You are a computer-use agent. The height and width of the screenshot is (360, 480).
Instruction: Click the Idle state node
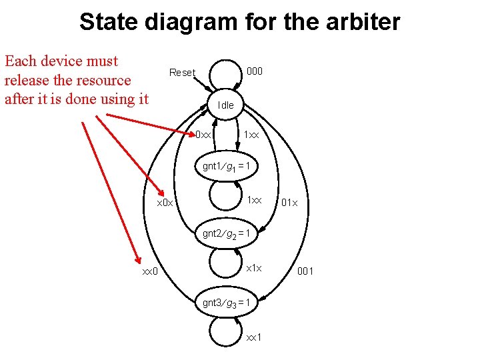[x=226, y=105]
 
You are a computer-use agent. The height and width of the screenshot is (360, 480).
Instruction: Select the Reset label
[x=182, y=73]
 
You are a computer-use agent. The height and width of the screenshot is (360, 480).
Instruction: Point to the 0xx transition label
[x=203, y=135]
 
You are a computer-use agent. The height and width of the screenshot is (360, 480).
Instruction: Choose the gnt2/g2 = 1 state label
[x=226, y=234]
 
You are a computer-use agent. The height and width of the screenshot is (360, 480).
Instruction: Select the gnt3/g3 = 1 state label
[x=226, y=303]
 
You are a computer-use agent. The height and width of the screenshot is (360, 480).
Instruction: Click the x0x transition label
[x=164, y=203]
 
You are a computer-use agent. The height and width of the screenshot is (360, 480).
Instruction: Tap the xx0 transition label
[x=149, y=271]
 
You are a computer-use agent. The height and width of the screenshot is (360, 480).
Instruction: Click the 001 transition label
[x=305, y=271]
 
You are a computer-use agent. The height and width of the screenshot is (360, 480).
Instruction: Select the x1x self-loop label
[x=254, y=268]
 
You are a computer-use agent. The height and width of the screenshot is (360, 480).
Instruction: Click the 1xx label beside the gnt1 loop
[x=254, y=200]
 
